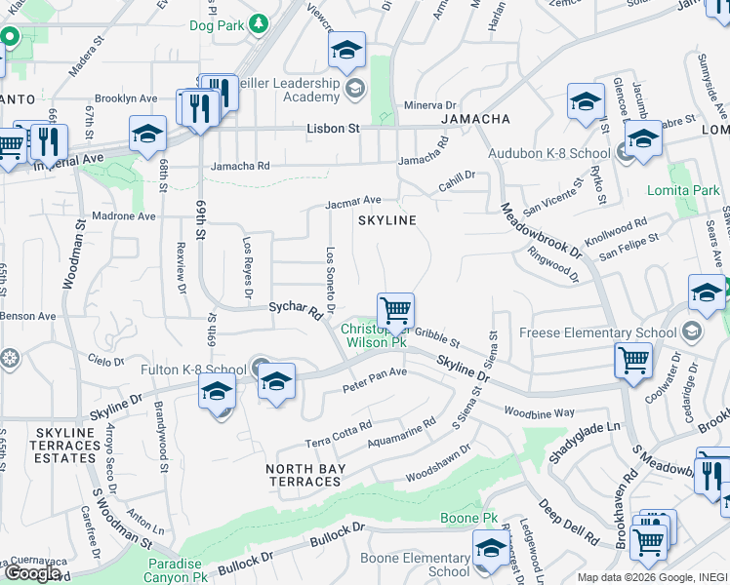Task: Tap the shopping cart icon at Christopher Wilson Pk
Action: pos(395,312)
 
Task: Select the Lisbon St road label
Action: pos(334,128)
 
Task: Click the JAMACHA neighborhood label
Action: pos(475,119)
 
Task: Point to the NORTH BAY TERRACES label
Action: pos(304,475)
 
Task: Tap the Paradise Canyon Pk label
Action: pos(177,570)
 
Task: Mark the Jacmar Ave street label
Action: pos(353,202)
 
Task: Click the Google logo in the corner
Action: pos(32,573)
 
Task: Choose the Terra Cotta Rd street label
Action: pos(339,432)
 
